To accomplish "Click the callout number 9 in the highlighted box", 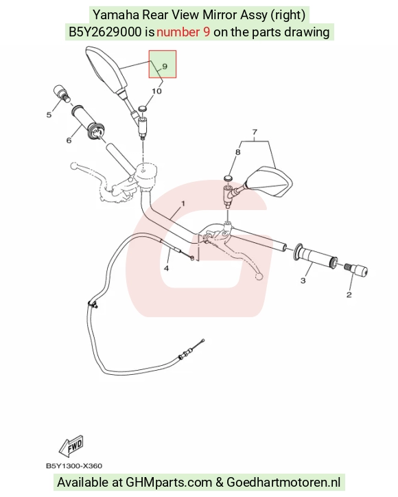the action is [165, 67].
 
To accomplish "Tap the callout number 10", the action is [156, 91].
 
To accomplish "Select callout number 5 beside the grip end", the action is [49, 115].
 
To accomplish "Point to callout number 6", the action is [69, 140].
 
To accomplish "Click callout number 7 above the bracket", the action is [255, 132].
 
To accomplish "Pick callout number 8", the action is [238, 152].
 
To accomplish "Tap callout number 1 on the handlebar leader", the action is [183, 203].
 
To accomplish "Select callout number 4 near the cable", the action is [166, 268].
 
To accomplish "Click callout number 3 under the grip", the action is [303, 281].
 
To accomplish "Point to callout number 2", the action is [349, 294].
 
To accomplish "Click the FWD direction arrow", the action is [71, 446].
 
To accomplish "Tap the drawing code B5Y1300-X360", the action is [74, 466].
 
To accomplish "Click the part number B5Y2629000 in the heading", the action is [105, 32].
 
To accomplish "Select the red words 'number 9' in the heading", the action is [183, 32].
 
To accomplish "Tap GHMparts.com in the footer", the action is [169, 483].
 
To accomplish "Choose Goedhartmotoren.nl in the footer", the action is [283, 483].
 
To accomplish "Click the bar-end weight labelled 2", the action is [356, 269].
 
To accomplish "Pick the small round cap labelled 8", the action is [228, 177].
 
